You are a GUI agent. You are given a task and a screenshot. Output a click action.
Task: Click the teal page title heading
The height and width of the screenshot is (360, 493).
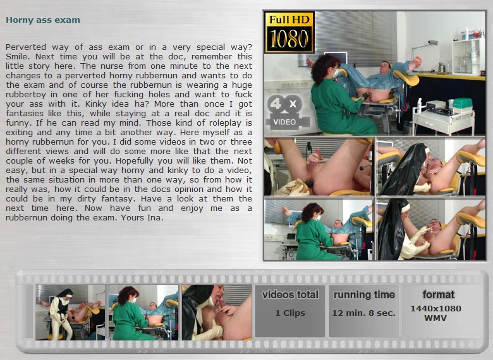(43, 20)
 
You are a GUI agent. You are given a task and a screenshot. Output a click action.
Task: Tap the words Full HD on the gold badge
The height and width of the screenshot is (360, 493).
(289, 20)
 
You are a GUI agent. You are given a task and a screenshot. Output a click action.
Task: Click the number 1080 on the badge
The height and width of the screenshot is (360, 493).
(289, 39)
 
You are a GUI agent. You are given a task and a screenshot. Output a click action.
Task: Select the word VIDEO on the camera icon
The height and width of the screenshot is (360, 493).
(284, 122)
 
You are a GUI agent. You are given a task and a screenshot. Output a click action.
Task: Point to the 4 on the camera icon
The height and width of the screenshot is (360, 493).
(276, 103)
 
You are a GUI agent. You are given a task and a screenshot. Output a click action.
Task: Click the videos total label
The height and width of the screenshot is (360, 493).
(290, 295)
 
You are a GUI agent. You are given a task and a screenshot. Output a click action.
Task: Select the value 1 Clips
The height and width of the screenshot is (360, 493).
(290, 313)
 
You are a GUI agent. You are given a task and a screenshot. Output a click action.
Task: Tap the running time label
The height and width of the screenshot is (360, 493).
(364, 295)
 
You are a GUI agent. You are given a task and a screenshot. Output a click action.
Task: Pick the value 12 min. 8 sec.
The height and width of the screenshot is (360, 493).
(364, 313)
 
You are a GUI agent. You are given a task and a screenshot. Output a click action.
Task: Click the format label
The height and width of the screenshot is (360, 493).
(438, 295)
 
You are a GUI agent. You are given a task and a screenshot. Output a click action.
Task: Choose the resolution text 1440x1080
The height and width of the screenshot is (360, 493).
(435, 308)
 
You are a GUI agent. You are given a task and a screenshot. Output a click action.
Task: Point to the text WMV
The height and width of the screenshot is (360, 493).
(435, 318)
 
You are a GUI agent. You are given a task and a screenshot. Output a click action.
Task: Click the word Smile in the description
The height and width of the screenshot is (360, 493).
(16, 57)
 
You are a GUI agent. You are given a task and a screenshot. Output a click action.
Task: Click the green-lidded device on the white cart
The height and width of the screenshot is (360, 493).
(463, 105)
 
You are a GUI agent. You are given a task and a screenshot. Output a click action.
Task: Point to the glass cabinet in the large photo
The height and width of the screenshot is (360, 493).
(468, 57)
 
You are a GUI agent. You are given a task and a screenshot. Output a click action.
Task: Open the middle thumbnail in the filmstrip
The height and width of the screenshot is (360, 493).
(143, 312)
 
